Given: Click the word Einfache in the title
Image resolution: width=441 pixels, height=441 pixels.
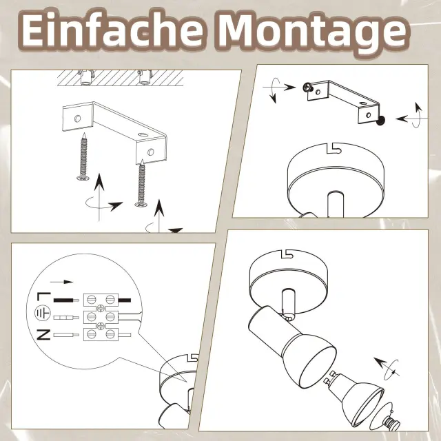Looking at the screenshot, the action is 112,30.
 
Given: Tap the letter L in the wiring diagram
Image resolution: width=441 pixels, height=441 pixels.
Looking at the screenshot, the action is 43,297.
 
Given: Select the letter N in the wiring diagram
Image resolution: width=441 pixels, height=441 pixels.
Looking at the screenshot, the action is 43,334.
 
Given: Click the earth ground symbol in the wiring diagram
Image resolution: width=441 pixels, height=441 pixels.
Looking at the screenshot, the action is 43,314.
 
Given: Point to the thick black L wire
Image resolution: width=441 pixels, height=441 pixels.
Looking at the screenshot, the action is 66,300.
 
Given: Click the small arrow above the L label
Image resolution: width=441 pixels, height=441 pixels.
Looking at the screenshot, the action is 61,282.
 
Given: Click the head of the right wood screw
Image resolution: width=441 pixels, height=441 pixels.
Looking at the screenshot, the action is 141,204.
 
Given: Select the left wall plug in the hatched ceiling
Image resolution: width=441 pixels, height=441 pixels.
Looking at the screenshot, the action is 86,76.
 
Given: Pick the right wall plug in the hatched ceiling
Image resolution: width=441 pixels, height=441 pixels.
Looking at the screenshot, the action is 145,76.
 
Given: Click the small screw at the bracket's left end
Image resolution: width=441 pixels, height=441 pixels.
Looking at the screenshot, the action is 308,88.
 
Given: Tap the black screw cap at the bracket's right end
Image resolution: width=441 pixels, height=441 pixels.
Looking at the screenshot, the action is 380,121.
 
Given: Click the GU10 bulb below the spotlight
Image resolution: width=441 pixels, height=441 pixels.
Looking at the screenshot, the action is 356,397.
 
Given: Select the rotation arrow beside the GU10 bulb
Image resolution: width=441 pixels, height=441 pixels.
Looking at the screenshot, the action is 388,369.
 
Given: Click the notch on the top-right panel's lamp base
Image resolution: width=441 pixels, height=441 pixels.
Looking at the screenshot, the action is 334,148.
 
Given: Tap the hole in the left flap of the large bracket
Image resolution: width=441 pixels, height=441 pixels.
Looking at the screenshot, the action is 77,119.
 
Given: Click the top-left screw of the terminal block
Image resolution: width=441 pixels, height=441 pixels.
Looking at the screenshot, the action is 90,299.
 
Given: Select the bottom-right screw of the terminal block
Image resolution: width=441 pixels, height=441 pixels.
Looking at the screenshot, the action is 110,334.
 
